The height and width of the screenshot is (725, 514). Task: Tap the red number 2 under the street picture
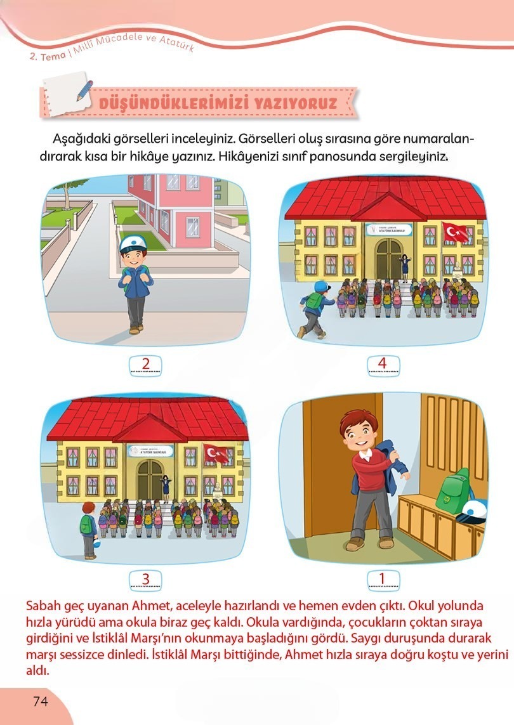coord(146,363)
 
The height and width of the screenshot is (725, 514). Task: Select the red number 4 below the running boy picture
coord(382,363)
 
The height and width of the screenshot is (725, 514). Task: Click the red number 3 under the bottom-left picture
coord(145,578)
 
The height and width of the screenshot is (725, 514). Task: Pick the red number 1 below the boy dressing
coord(382,578)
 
